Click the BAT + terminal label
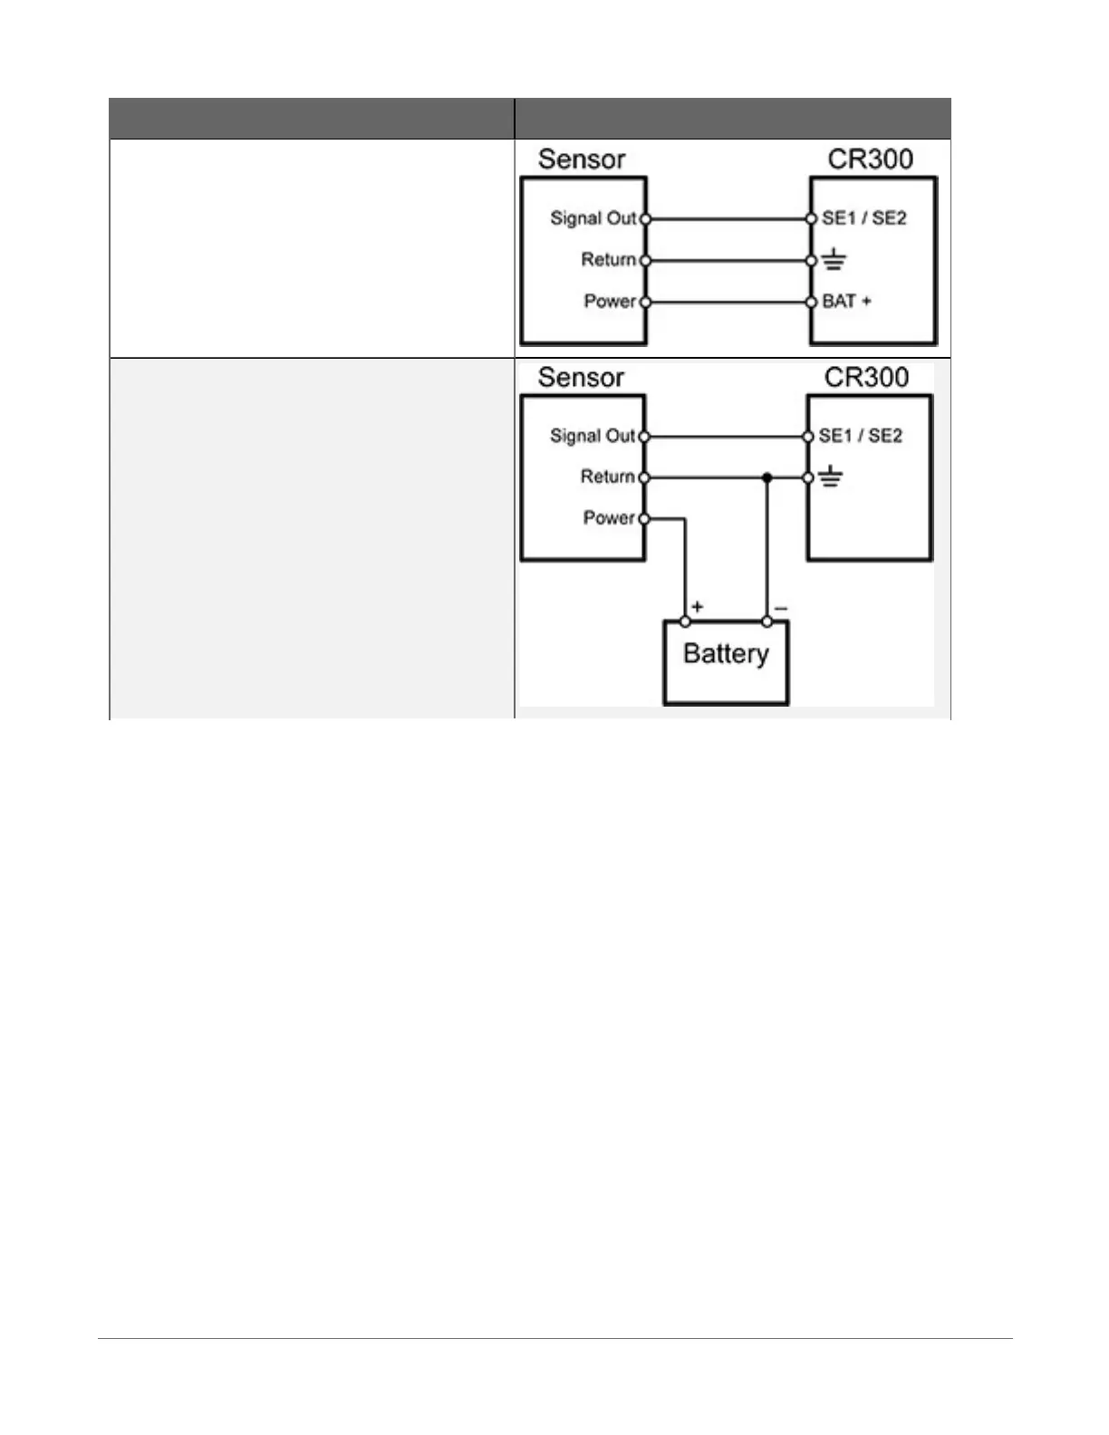click(846, 302)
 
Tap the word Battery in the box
click(726, 653)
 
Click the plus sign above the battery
click(697, 606)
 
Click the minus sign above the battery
click(781, 607)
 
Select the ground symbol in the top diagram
click(834, 261)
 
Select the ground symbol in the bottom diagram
click(831, 477)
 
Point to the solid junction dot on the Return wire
click(767, 477)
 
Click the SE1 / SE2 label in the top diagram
click(863, 218)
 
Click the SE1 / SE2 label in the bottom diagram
click(860, 436)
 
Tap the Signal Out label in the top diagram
click(593, 218)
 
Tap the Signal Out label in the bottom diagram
click(592, 436)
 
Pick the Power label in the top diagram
click(609, 301)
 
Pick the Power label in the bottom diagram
click(608, 518)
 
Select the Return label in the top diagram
click(608, 260)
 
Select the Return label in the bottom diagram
click(607, 477)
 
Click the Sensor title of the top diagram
click(582, 159)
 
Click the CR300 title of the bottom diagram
click(866, 377)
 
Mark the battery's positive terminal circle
click(685, 621)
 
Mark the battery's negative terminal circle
click(767, 621)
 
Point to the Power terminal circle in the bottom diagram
click(643, 519)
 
